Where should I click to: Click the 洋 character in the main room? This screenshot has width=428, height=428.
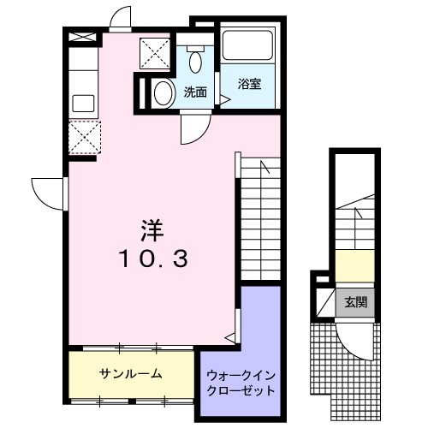pos(152,229)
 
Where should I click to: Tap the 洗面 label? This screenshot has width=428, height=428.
pos(195,92)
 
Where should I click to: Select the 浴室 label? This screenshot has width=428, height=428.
pos(249,84)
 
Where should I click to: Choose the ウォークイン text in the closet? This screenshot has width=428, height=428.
pos(241,374)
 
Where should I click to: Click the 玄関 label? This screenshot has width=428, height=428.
pos(355,302)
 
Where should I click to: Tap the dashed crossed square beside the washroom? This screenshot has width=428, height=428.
pos(156,54)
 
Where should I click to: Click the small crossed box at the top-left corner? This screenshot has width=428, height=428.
pos(83,38)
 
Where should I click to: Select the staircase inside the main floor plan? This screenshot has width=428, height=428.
pos(260,214)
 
